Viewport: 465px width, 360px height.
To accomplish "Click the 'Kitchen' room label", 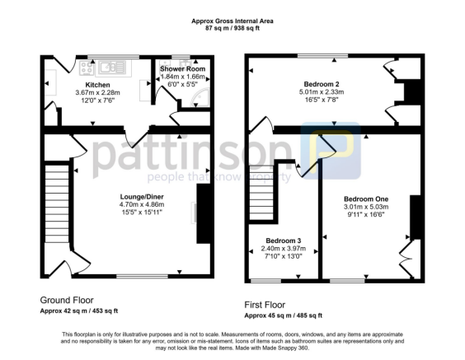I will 99,85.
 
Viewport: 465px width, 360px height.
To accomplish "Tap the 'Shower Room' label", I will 182,68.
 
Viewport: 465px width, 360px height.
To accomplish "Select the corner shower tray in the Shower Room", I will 196,99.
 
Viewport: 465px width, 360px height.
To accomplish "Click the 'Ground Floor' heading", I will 67,300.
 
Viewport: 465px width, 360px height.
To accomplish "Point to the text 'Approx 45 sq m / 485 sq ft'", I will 284,315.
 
